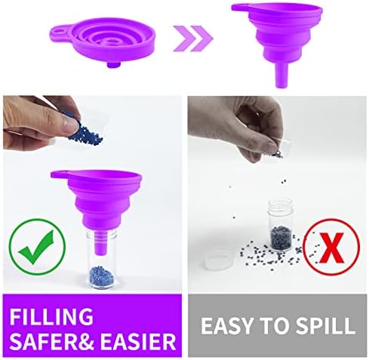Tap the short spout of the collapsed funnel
click(x=112, y=65)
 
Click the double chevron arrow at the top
click(x=193, y=38)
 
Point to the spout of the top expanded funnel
click(x=281, y=75)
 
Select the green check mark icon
click(x=37, y=247)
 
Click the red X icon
click(x=331, y=247)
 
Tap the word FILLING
click(x=51, y=316)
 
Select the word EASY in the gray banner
click(x=226, y=326)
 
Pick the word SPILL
click(x=325, y=325)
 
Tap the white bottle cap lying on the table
click(x=219, y=259)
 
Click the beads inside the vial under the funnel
click(x=101, y=277)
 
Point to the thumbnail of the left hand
click(x=70, y=123)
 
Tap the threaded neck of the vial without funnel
click(x=280, y=206)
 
